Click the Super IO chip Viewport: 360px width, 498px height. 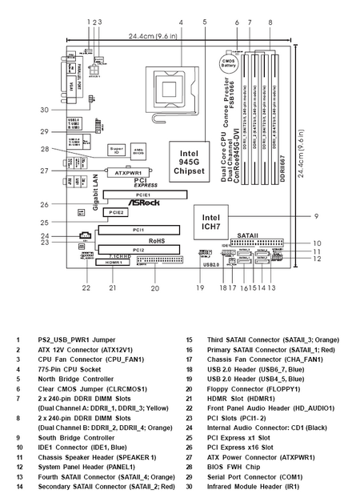116,151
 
